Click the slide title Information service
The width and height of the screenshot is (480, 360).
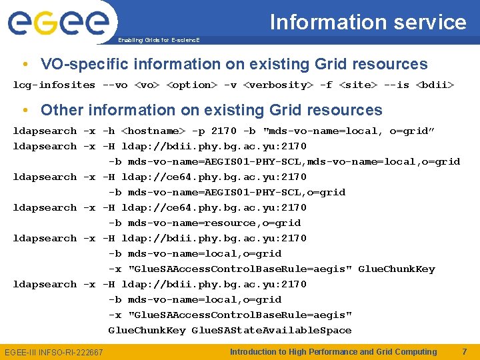click(368, 22)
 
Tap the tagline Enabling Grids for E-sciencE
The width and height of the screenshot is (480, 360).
click(159, 40)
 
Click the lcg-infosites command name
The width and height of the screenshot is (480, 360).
click(54, 85)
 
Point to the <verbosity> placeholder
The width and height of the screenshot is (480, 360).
click(278, 85)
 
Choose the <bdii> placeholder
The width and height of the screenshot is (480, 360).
click(434, 85)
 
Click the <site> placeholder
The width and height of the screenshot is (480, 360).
click(357, 85)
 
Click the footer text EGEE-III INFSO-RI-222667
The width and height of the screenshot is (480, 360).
click(54, 352)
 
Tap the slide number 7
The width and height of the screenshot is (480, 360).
click(465, 351)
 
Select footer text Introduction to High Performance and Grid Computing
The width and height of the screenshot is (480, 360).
click(333, 351)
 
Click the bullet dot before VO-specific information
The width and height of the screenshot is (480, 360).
click(25, 65)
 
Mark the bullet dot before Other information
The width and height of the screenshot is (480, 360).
click(25, 111)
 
